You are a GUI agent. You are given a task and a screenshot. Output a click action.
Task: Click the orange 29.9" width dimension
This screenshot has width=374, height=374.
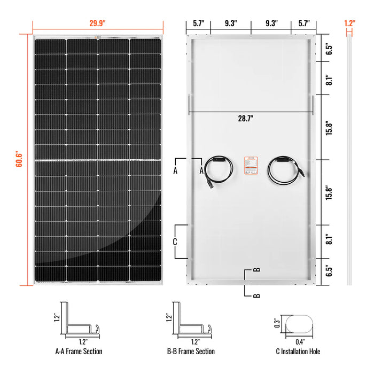[98, 24]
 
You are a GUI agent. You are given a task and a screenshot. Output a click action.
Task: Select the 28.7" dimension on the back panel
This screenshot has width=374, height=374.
[251, 120]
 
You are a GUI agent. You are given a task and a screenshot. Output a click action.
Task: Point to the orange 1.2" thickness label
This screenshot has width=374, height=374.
[349, 24]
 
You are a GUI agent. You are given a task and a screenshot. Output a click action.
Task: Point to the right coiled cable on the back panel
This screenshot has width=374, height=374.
[285, 169]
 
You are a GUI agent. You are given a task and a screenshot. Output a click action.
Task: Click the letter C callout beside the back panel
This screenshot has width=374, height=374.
[175, 241]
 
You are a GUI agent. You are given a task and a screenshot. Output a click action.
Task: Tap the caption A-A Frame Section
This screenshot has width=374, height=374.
[79, 352]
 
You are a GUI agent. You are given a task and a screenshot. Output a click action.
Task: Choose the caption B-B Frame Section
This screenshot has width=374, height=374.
[191, 352]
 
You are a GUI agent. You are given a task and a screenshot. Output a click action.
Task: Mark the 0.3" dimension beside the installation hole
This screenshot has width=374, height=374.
[277, 322]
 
